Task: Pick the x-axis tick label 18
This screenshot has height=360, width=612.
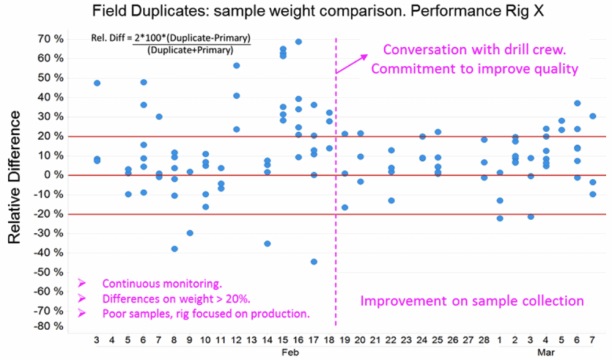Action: pyautogui.click(x=329, y=340)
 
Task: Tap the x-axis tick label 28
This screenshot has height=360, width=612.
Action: pyautogui.click(x=484, y=340)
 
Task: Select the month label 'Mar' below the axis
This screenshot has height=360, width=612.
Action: pyautogui.click(x=546, y=353)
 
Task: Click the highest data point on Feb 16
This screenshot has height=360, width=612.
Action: pyautogui.click(x=298, y=42)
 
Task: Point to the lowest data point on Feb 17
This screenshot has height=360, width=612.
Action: pyautogui.click(x=314, y=261)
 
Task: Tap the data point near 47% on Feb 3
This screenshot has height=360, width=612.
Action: pyautogui.click(x=97, y=83)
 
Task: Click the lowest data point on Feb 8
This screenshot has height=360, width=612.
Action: pyautogui.click(x=175, y=249)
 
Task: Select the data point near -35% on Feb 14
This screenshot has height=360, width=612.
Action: pyautogui.click(x=267, y=243)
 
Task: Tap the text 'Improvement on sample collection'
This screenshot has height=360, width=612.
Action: pyautogui.click(x=471, y=301)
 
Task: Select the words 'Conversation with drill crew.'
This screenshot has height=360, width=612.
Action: pyautogui.click(x=475, y=50)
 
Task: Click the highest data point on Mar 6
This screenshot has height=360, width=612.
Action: pyautogui.click(x=577, y=103)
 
